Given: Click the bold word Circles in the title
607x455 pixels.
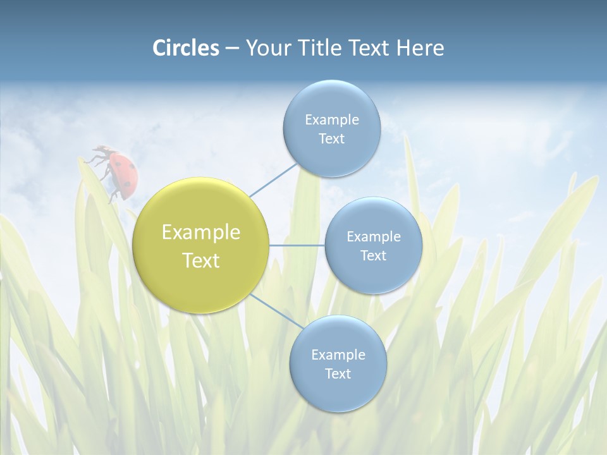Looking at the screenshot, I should pos(185,48).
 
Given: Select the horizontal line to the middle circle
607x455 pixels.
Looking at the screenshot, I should pos(297,245).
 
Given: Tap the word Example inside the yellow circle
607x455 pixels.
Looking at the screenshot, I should pos(200,233).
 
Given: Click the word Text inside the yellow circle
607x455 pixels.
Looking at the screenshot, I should pos(200,260).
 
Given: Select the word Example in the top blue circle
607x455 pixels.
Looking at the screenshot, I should pos(331,120).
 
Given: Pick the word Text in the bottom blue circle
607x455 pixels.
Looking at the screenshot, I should pos(338,373).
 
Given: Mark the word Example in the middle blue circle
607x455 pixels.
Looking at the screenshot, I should pos(373,237).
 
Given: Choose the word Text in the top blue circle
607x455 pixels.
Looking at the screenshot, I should pos(331,139).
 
